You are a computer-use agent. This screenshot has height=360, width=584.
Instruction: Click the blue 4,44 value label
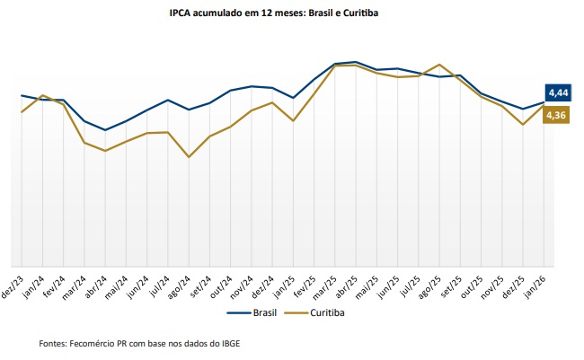tap(557, 92)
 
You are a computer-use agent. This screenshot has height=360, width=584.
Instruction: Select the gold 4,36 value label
tap(556, 115)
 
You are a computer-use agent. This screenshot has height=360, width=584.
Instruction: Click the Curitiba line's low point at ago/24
tap(188, 157)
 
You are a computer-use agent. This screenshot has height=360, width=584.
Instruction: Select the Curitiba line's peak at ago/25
tap(438, 65)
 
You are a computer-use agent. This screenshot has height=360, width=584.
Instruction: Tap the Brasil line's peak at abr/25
tap(356, 62)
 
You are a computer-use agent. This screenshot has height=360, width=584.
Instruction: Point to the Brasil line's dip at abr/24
tap(105, 130)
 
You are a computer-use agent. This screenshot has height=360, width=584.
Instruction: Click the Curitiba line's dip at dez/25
tap(523, 125)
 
